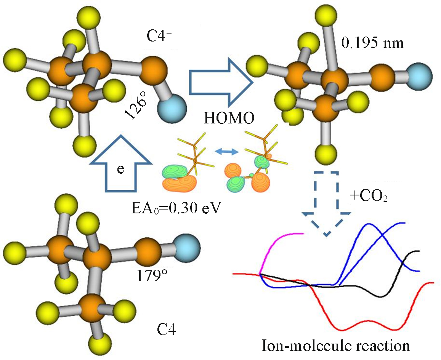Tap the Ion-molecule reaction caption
coord(335,346)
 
